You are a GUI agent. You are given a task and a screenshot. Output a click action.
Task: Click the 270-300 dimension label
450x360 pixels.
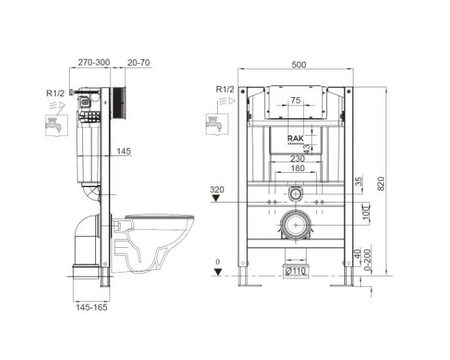pyautogui.click(x=94, y=63)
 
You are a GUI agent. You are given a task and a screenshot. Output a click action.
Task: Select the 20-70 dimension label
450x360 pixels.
pyautogui.click(x=139, y=63)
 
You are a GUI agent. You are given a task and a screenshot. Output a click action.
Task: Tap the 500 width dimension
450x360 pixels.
pyautogui.click(x=299, y=65)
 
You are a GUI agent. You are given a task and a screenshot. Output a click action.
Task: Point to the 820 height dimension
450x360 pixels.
pyautogui.click(x=381, y=184)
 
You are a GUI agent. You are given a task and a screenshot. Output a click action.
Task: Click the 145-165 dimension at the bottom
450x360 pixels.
pyautogui.click(x=91, y=307)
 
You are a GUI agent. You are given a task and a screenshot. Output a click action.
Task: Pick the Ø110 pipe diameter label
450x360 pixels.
pyautogui.click(x=295, y=271)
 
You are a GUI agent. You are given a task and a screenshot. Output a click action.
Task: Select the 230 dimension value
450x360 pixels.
pyautogui.click(x=297, y=158)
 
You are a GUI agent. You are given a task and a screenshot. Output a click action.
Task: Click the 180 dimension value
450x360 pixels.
pyautogui.click(x=297, y=168)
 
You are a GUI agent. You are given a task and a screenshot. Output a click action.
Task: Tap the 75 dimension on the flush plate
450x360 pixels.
pyautogui.click(x=295, y=100)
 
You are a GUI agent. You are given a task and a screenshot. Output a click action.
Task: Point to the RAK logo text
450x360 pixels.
pyautogui.click(x=295, y=138)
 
